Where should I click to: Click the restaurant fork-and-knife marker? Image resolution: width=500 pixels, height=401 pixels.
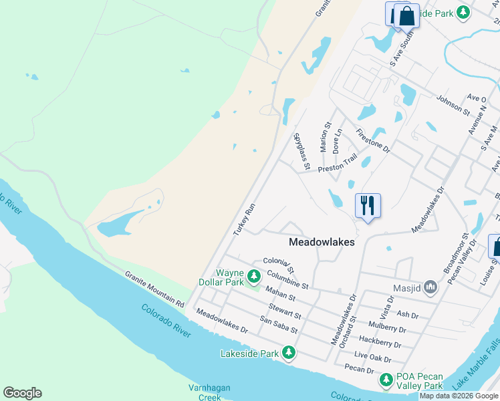coord(367,205)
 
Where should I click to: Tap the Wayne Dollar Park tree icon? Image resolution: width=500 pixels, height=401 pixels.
coord(253,276)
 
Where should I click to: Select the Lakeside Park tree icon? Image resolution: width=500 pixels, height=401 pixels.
coord(289,352)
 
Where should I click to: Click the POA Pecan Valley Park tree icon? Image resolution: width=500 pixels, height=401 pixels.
coord(386,380)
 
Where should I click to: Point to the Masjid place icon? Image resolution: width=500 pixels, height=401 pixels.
coord(430,287)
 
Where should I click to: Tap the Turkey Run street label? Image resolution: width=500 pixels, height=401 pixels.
coord(245,219)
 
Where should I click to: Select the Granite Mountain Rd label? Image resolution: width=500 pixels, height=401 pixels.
coord(154,289)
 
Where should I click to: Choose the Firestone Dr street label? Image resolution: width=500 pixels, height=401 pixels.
coord(373,140)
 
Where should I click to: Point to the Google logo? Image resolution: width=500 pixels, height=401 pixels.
coord(22,393)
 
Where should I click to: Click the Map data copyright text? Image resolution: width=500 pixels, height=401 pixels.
coord(459,396)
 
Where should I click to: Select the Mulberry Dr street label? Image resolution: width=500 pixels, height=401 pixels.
coord(387,328)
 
